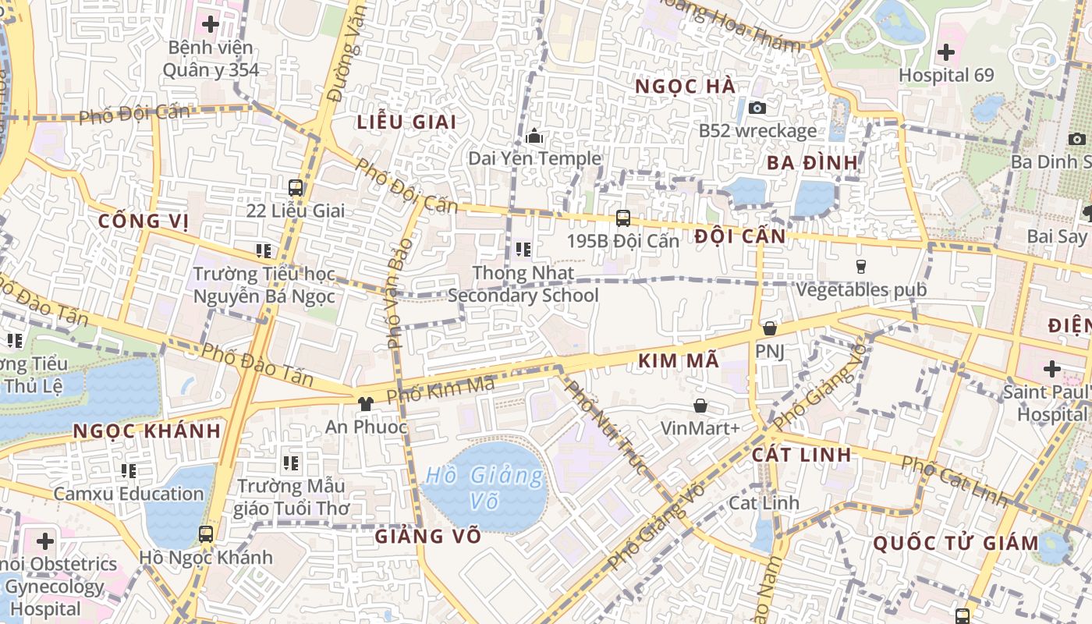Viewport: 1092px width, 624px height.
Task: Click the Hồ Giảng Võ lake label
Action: pyautogui.click(x=484, y=487)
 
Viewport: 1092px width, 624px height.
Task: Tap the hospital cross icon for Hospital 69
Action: pyautogui.click(x=946, y=53)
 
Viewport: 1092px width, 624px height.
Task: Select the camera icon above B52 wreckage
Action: pyautogui.click(x=757, y=108)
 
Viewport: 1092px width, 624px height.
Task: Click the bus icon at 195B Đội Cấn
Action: pyautogui.click(x=622, y=218)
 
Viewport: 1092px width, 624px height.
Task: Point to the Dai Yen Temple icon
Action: pyautogui.click(x=534, y=136)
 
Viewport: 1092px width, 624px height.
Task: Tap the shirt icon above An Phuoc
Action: pyautogui.click(x=365, y=403)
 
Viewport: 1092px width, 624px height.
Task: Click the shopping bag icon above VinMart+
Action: pyautogui.click(x=700, y=406)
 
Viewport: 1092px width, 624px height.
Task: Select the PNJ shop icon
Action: pyautogui.click(x=770, y=328)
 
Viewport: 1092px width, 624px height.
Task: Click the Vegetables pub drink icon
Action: pyautogui.click(x=861, y=267)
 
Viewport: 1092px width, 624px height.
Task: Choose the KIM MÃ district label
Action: pyautogui.click(x=677, y=360)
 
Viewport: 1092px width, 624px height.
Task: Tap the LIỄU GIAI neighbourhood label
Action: pyautogui.click(x=406, y=122)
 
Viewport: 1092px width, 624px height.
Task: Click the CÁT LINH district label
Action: pyautogui.click(x=802, y=455)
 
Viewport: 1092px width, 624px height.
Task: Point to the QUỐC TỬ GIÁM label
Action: pyautogui.click(x=955, y=543)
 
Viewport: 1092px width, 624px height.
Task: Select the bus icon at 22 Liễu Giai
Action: pyautogui.click(x=296, y=188)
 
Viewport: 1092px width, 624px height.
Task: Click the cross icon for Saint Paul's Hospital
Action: pyautogui.click(x=1051, y=368)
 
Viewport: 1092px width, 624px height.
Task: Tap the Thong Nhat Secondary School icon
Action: pyautogui.click(x=523, y=250)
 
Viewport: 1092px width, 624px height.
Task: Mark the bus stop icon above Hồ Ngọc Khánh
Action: pyautogui.click(x=206, y=534)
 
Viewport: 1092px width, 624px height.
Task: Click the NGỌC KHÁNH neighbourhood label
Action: pyautogui.click(x=147, y=431)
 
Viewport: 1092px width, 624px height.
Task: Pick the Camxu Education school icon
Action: pyautogui.click(x=129, y=470)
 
